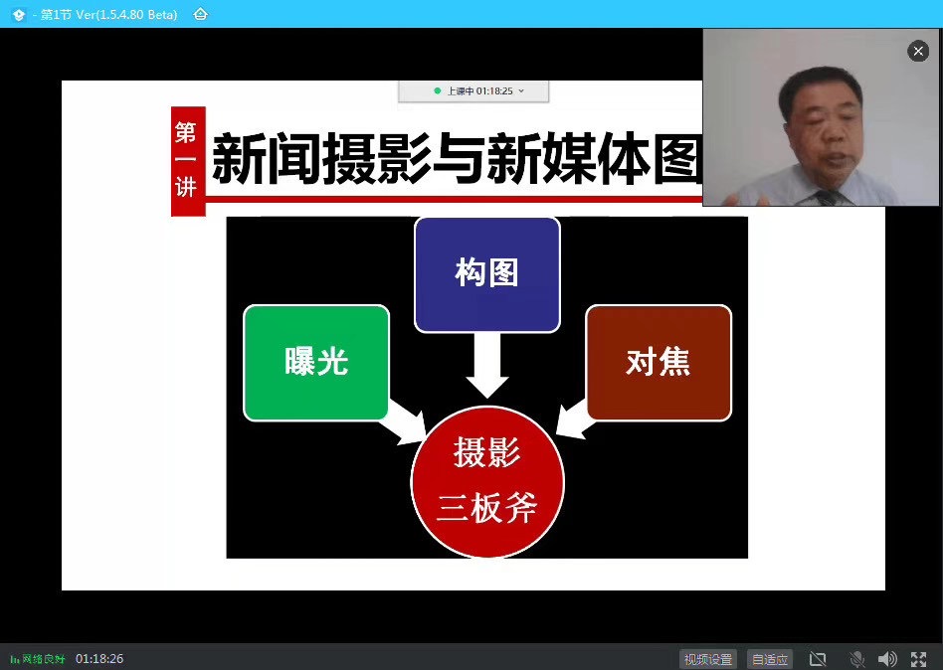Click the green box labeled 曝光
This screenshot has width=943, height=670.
tap(316, 363)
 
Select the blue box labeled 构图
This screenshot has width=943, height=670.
tap(487, 274)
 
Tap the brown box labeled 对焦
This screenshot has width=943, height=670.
tap(659, 363)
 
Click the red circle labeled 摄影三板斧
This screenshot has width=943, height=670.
tap(487, 481)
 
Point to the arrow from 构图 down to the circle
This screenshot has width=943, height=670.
tap(487, 365)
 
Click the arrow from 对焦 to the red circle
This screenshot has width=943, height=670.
tap(574, 419)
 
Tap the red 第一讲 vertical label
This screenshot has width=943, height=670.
tap(188, 161)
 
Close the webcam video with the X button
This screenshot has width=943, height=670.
tap(918, 51)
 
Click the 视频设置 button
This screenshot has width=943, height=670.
tap(708, 659)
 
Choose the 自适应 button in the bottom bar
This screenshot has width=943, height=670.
tap(770, 659)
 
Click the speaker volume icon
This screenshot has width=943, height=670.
tap(887, 659)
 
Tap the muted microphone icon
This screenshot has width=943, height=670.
tap(857, 659)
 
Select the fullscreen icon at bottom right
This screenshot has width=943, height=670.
tap(918, 659)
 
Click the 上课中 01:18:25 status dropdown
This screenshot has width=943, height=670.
tap(473, 91)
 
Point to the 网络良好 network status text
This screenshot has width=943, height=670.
tap(44, 659)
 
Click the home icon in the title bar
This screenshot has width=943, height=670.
tap(200, 14)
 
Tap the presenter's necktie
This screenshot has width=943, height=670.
tap(829, 197)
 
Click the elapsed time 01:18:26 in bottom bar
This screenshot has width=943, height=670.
tap(99, 659)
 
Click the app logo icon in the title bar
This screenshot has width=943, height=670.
tap(19, 15)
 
